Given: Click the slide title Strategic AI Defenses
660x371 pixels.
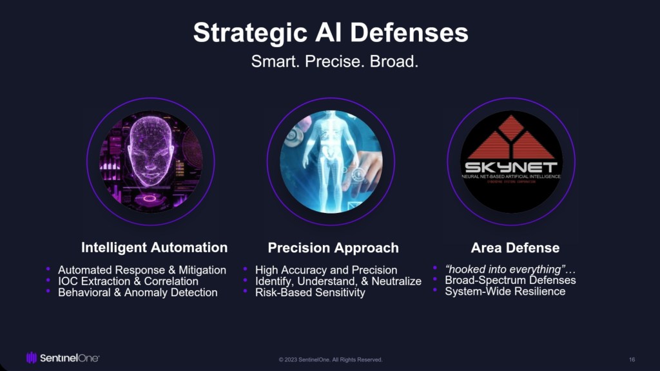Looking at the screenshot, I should [330, 33].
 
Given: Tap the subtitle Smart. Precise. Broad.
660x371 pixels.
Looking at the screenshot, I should [335, 63].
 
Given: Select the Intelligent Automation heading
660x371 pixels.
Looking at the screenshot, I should [154, 248].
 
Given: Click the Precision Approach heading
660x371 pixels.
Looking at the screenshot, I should [333, 248].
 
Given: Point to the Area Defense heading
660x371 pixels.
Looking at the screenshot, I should [515, 248].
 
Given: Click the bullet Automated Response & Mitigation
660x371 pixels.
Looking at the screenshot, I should [142, 270].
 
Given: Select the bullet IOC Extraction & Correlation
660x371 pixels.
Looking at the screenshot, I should [128, 281].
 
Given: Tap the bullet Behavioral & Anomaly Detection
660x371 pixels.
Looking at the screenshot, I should [137, 292].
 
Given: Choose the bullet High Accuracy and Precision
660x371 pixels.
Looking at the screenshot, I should [326, 270].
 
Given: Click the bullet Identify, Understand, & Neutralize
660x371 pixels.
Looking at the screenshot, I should [338, 281].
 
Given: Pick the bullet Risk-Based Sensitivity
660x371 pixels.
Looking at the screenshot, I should [310, 292].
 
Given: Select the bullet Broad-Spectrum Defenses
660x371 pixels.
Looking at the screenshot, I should [510, 280].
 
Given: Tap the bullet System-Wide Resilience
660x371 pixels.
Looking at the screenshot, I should [505, 291].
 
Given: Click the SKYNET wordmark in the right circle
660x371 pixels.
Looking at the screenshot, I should [511, 167].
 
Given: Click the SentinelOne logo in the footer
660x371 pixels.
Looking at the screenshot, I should [63, 357].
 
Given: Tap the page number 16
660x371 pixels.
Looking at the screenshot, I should [632, 359].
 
